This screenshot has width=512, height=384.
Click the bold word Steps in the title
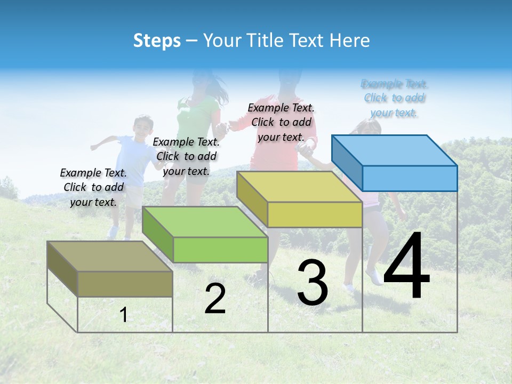pyautogui.click(x=157, y=41)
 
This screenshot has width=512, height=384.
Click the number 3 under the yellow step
pyautogui.click(x=313, y=283)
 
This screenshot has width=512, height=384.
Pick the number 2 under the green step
pyautogui.click(x=215, y=299)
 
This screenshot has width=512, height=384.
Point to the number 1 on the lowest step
pyautogui.click(x=124, y=315)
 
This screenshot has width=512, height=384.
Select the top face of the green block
pyautogui.click(x=205, y=221)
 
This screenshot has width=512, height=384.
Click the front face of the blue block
pyautogui.click(x=410, y=178)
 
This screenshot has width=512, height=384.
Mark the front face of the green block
pyautogui.click(x=220, y=250)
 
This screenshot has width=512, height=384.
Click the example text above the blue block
pyautogui.click(x=394, y=98)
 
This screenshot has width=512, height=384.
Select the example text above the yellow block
pyautogui.click(x=281, y=122)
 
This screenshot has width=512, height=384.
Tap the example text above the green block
pyautogui.click(x=186, y=156)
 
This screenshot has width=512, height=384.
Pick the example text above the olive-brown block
pyautogui.click(x=93, y=187)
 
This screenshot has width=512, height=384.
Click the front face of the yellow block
pyautogui.click(x=315, y=215)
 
